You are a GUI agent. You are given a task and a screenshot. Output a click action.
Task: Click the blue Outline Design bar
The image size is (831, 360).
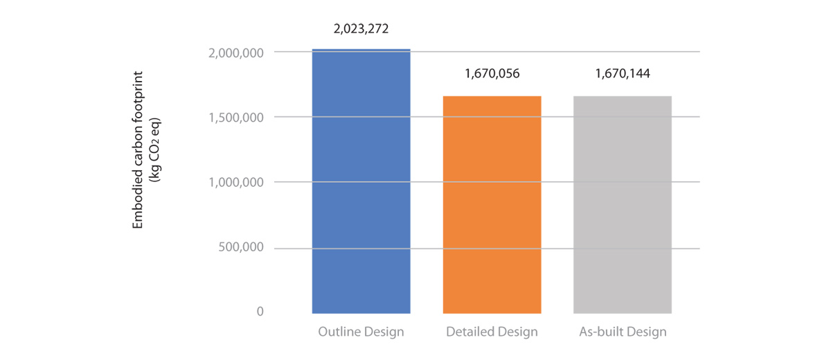361,181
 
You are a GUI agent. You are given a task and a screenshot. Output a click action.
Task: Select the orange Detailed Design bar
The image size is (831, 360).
492,204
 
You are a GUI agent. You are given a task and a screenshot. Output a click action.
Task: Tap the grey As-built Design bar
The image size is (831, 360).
623,204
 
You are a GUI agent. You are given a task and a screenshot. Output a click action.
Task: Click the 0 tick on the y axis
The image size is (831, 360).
260,312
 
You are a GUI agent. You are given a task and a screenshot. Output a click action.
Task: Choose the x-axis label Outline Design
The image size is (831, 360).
361,332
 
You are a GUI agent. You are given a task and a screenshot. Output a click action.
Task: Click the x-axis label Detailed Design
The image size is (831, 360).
492,332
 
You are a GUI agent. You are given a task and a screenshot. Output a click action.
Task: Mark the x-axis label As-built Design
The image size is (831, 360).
623,332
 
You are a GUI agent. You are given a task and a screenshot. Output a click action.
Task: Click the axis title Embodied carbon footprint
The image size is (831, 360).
138,148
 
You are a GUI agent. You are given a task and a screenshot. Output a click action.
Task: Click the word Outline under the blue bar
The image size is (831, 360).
340,332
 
